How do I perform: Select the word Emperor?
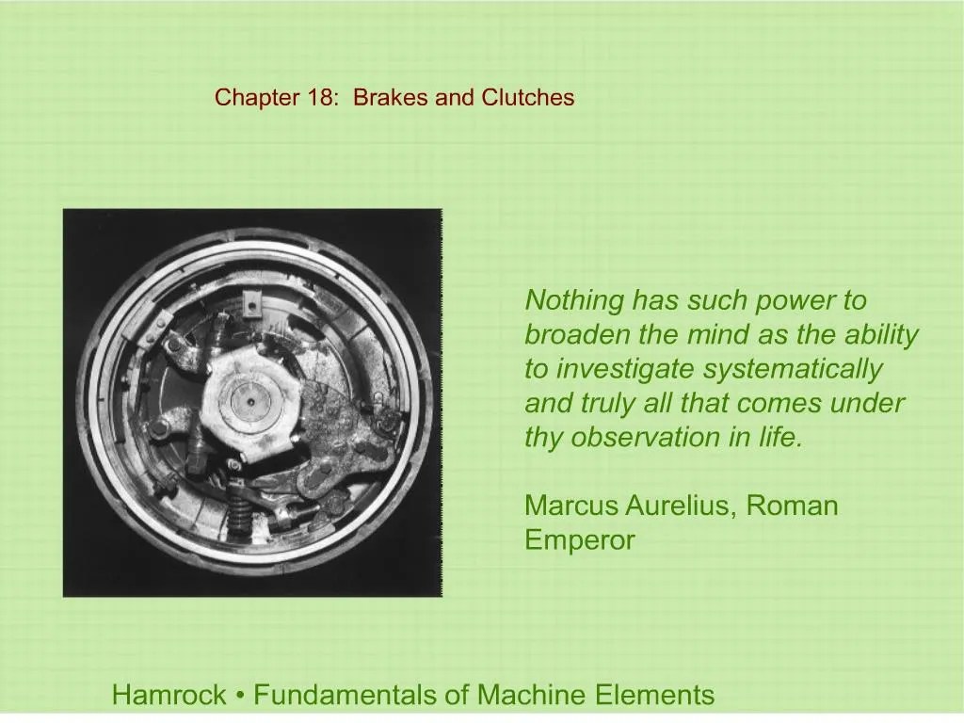coord(579,540)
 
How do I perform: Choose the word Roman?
coord(793,506)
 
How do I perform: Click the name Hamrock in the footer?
coord(169,696)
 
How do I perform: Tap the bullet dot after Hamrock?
coord(240,697)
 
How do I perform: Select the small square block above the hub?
coord(250,302)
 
